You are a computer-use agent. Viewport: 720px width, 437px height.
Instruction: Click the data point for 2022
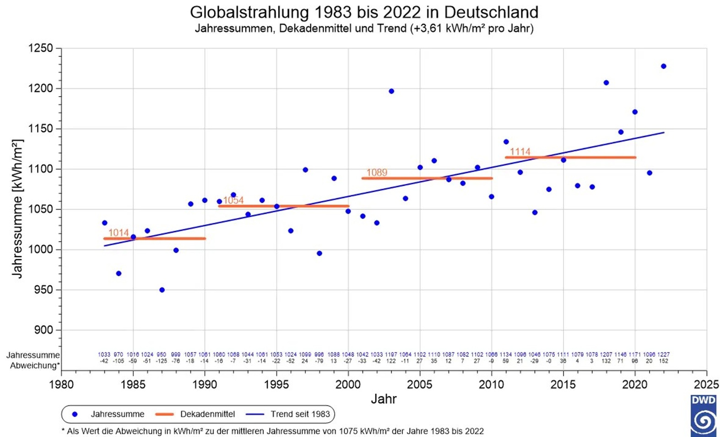tap(664, 66)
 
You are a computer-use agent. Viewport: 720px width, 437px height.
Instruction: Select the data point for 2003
tap(391, 92)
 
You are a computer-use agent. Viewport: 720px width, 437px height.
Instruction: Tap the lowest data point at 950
tap(162, 290)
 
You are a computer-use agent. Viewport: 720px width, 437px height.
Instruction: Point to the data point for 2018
tap(606, 83)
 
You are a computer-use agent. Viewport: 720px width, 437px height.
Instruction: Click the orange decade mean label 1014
tap(119, 233)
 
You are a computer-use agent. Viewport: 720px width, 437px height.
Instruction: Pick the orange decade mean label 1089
tap(377, 173)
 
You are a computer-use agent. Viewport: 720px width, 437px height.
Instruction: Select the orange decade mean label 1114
tap(520, 151)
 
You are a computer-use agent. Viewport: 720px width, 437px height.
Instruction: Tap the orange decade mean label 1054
tap(233, 200)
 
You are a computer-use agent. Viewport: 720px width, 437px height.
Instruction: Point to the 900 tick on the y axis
tap(44, 330)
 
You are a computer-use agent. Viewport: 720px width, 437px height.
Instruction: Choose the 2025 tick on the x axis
tap(706, 384)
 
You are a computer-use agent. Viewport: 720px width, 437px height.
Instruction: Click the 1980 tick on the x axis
tap(61, 384)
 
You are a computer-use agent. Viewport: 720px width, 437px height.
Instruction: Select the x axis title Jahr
tap(384, 399)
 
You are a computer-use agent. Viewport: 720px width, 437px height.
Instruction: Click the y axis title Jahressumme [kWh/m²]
tap(17, 209)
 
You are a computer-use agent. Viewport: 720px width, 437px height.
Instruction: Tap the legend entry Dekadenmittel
tap(207, 414)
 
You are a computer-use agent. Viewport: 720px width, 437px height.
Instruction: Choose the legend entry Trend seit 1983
tap(300, 414)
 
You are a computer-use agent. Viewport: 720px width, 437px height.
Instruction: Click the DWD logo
tap(704, 415)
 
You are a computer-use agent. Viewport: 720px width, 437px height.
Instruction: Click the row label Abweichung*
tap(35, 366)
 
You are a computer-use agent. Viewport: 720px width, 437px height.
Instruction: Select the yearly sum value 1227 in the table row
tap(664, 355)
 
